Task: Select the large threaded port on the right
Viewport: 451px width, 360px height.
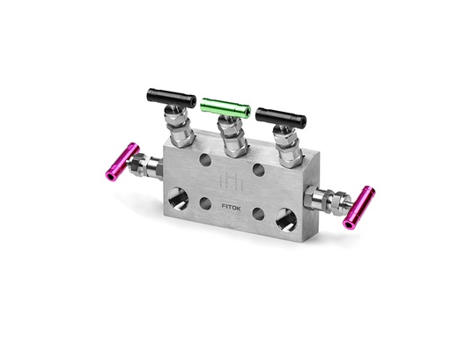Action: click(x=286, y=217)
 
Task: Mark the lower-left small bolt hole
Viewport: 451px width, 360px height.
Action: click(x=204, y=203)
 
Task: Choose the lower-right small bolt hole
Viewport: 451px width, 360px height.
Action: click(x=258, y=213)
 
